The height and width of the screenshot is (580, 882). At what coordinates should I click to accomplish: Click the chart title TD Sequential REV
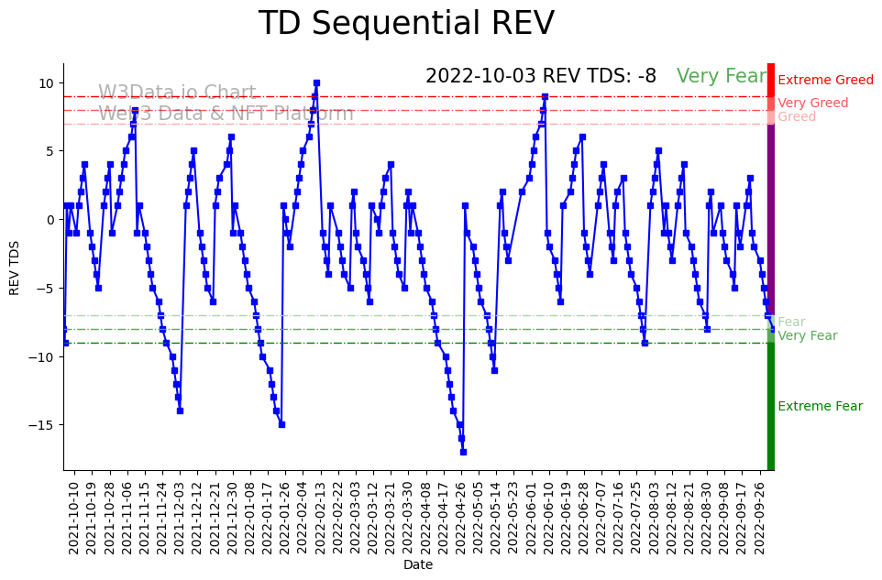[x=406, y=24]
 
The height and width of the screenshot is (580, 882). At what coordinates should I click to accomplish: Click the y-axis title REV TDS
[x=15, y=268]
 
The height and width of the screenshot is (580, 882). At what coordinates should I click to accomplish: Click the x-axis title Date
[x=418, y=565]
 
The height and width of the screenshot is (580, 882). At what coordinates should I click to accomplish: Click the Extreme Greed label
[x=825, y=81]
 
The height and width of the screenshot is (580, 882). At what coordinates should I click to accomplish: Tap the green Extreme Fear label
[x=820, y=407]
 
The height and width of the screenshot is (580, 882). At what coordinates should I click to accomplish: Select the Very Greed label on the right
[x=812, y=104]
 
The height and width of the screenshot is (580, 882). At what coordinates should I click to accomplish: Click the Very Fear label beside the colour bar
[x=807, y=336]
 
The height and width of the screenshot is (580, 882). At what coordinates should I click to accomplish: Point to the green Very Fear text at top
[x=721, y=77]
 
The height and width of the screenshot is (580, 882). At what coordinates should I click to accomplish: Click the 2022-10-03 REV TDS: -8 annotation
[x=541, y=77]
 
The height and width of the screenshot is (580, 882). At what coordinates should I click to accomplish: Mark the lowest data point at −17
[x=463, y=452]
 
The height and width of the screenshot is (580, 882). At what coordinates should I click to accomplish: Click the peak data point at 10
[x=316, y=82]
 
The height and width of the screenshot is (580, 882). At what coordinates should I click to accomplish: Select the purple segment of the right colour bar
[x=771, y=220]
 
